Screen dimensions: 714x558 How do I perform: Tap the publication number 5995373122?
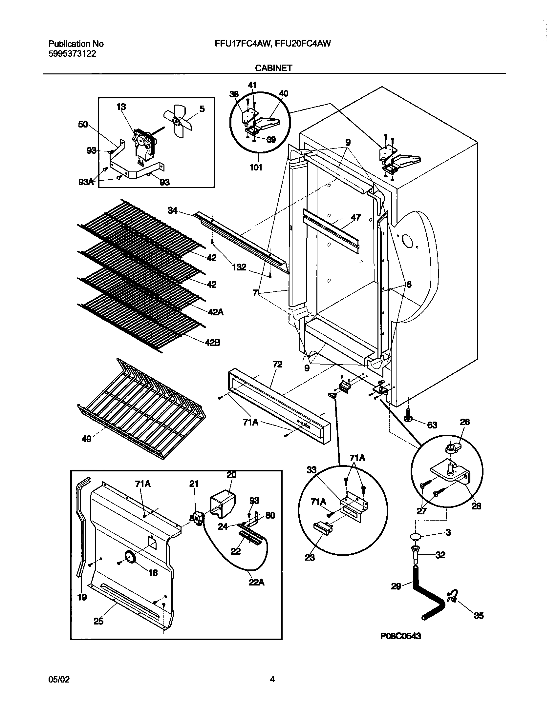point(72,54)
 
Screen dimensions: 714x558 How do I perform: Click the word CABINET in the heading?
point(274,68)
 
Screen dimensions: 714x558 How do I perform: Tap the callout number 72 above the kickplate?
point(277,365)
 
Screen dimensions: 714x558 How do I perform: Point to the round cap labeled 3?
point(416,537)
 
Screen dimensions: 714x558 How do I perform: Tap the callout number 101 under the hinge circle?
point(256,168)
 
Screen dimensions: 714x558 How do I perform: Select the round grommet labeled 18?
point(130,557)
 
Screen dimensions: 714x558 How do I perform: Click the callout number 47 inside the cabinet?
point(355,217)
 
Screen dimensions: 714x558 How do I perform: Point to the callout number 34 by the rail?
point(172,210)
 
